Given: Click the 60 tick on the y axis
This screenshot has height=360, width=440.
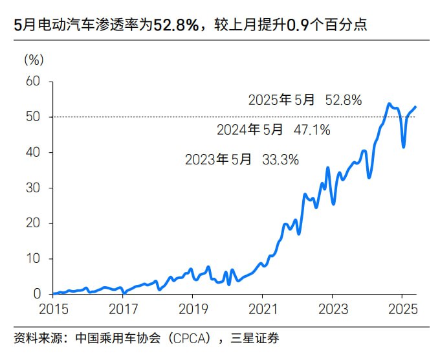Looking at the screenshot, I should click(x=33, y=82).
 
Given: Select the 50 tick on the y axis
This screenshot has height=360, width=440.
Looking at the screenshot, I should click(x=33, y=117).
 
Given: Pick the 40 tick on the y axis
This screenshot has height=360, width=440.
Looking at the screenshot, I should click(x=33, y=153).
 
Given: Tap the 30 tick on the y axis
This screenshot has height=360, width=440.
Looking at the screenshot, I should click(x=33, y=188).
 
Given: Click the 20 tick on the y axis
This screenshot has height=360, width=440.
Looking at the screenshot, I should click(x=33, y=223).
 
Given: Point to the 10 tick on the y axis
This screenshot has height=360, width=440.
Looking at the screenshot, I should click(x=33, y=259).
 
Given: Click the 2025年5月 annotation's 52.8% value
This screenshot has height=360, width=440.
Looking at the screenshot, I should click(x=343, y=100).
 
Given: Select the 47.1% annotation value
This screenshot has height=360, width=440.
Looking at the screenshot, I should click(x=311, y=130).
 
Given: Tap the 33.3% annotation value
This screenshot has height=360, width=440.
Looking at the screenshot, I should click(x=280, y=160).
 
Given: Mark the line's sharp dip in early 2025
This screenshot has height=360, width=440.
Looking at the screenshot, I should click(x=404, y=146).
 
